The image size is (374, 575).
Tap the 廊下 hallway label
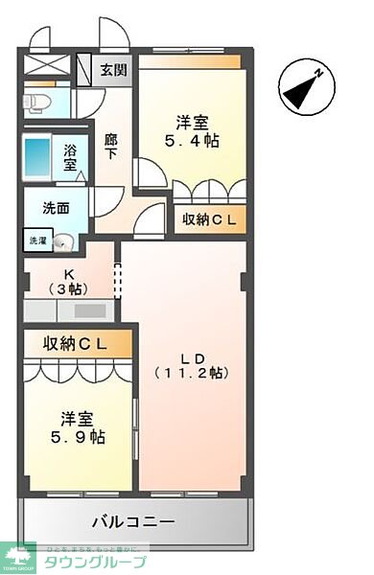[x=111, y=146]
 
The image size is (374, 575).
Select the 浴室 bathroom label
[x=71, y=156]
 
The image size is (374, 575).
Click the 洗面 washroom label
[x=55, y=208]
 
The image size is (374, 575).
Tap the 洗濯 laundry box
[x=36, y=240]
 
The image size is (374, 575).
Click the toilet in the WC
[x=34, y=102]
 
